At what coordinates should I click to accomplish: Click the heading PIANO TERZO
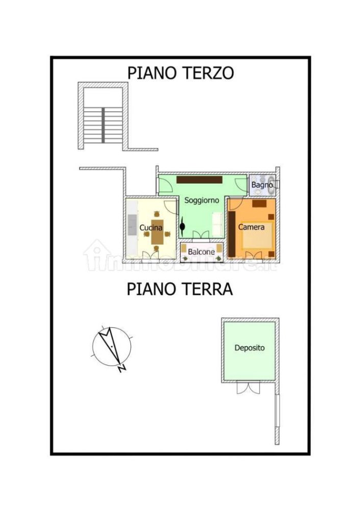pos(181,73)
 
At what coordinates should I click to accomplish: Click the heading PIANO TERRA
pos(179,289)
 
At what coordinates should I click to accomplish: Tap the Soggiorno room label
pos(201,200)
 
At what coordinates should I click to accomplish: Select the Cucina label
pos(151,227)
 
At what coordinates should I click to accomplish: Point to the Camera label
pos(251,227)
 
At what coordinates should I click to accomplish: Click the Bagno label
pos(262,185)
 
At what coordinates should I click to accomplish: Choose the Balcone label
pos(201,252)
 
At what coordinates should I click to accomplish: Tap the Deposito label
pos(249,348)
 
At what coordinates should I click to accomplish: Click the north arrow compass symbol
pos(112,345)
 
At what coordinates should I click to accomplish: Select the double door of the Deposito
pos(249,388)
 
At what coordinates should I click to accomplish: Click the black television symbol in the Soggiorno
pos(182,225)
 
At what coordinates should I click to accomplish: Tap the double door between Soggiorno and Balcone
pos(201,235)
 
